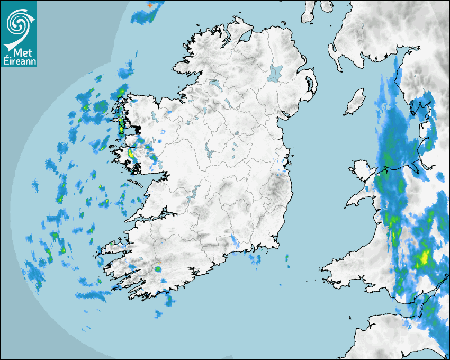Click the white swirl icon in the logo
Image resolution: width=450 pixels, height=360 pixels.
[18, 22]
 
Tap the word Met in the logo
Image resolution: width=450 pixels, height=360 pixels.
[20, 52]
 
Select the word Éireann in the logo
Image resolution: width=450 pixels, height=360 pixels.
[18, 61]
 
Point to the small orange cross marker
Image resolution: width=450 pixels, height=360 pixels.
[150, 5]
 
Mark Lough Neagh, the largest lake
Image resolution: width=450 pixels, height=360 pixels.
[275, 73]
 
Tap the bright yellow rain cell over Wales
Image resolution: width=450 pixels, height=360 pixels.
[423, 258]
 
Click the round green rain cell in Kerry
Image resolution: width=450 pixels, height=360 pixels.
[158, 269]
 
